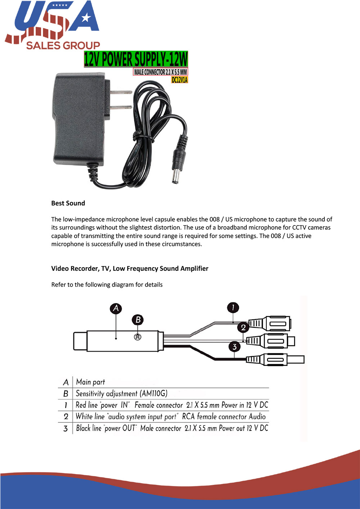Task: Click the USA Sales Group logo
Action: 52,25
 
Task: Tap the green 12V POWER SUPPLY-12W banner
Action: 136,59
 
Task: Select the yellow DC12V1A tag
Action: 179,80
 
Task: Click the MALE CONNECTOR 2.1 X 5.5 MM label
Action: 161,72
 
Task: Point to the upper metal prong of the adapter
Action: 121,92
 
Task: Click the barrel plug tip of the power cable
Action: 176,177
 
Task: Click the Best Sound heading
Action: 68,203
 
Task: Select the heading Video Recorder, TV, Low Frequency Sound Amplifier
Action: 130,269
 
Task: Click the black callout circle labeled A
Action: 116,308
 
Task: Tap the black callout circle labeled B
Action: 138,319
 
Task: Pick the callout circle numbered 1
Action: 233,308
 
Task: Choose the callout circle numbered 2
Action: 243,327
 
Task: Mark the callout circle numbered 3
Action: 234,347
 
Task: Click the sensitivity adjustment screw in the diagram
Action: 138,337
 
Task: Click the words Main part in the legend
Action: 90,382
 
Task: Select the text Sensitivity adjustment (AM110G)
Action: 121,394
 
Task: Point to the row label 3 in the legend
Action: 66,428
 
